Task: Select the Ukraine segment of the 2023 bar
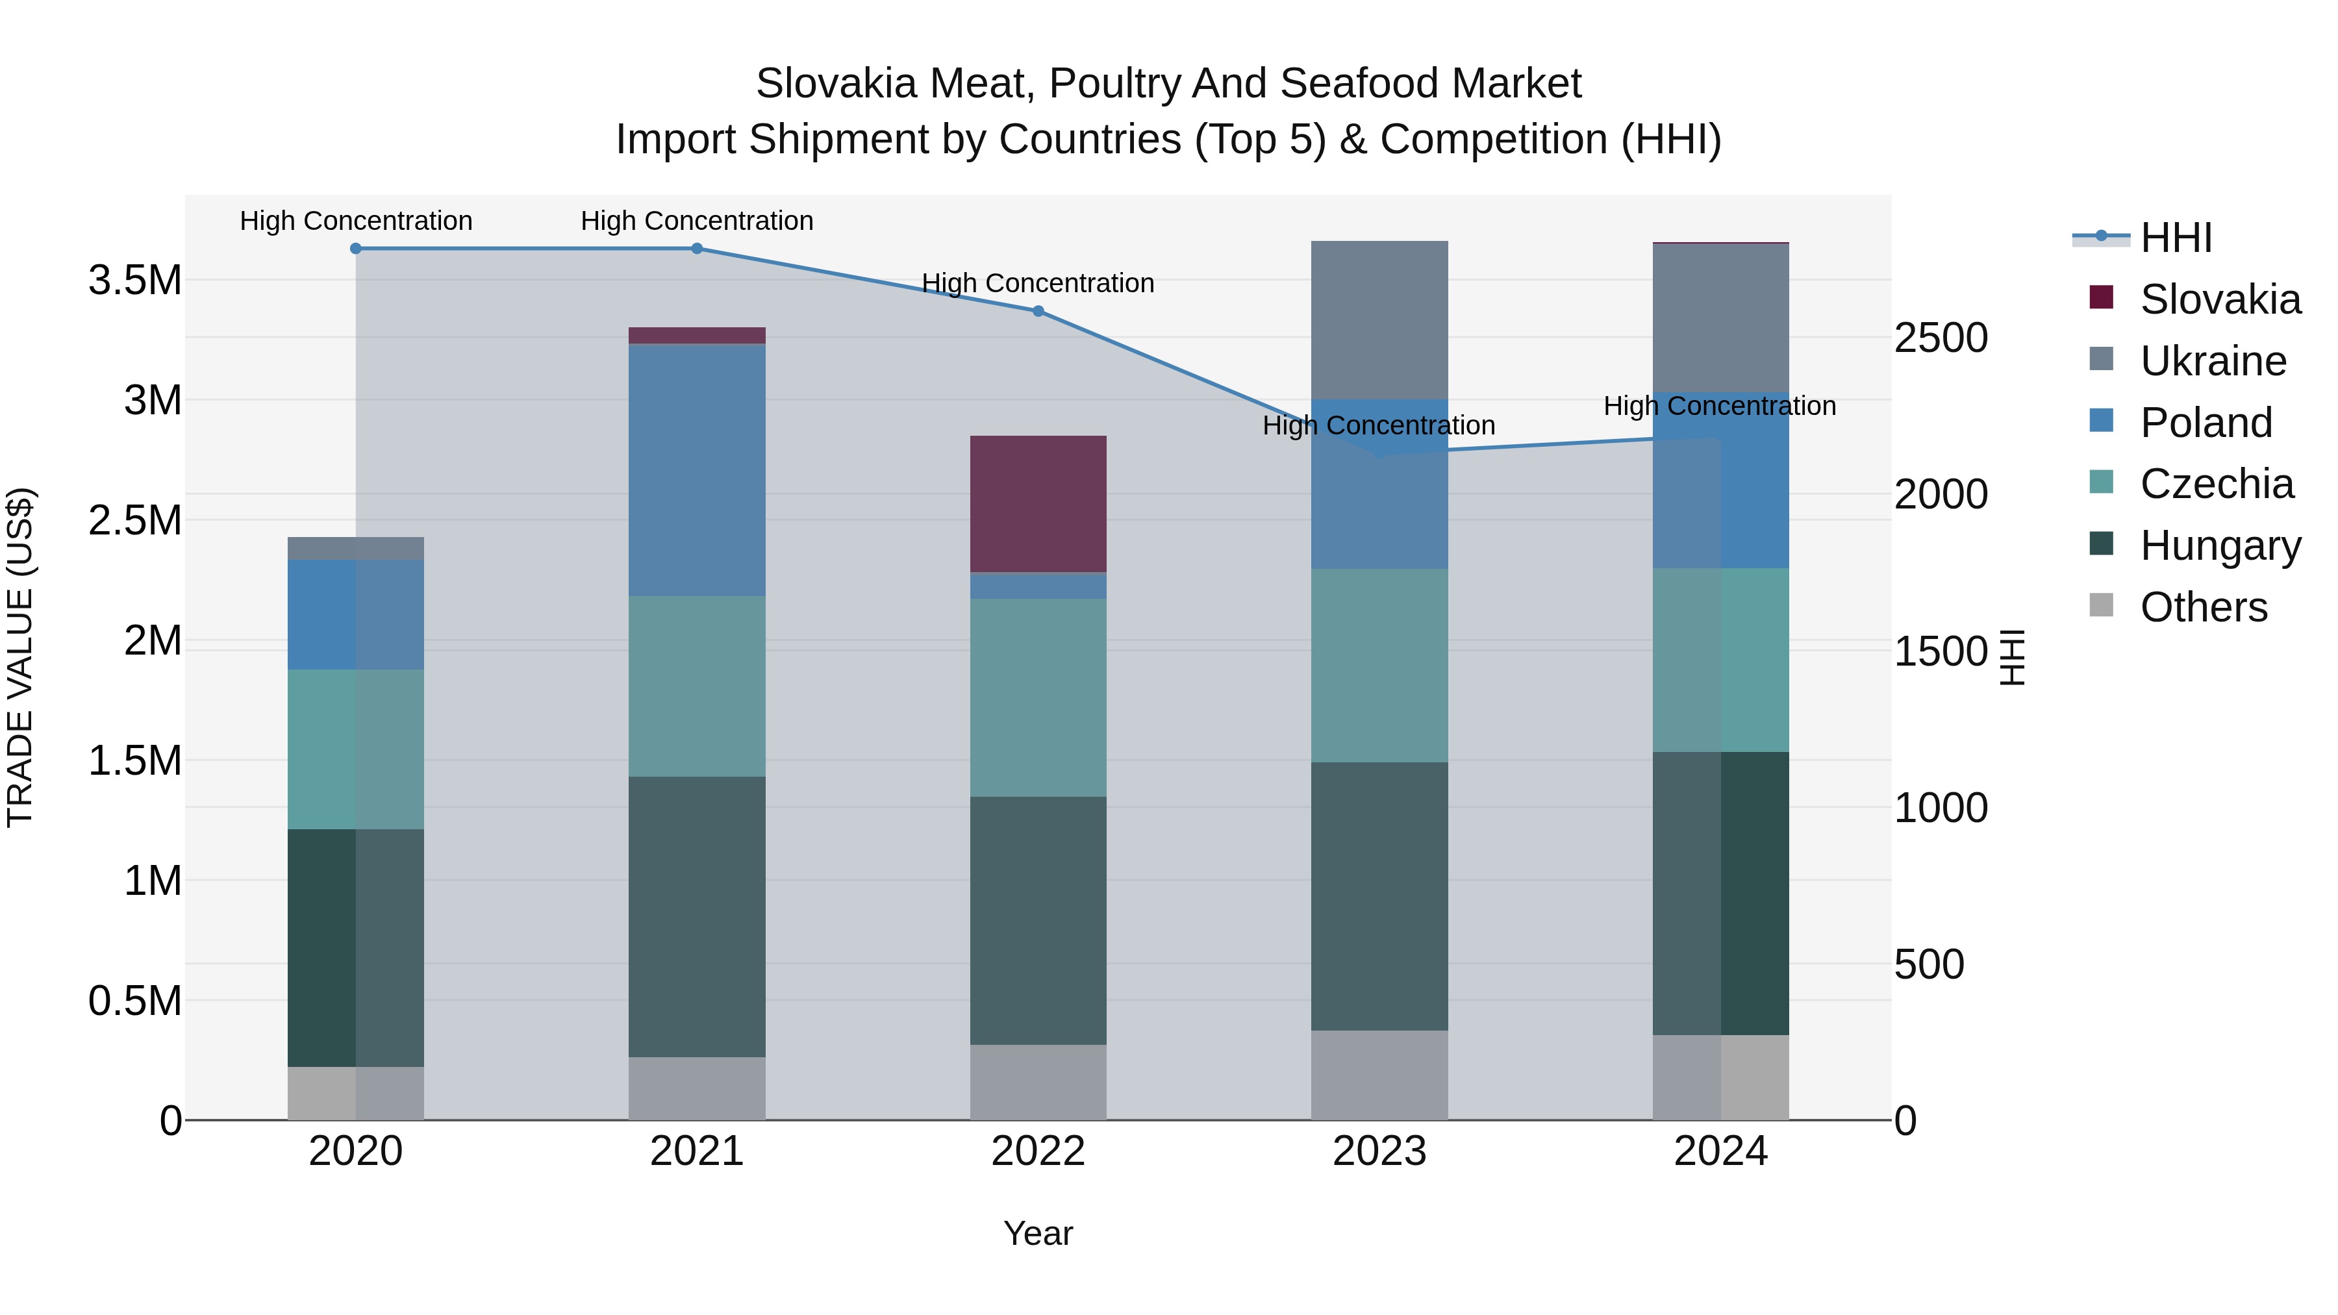click(1379, 319)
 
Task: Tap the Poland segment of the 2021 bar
click(696, 470)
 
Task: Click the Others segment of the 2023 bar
click(1379, 1075)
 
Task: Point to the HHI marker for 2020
click(356, 249)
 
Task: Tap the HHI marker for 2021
click(696, 249)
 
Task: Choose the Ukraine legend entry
click(2212, 361)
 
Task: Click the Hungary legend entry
click(2219, 545)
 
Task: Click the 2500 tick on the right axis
click(1941, 338)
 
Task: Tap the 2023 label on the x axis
click(1379, 1151)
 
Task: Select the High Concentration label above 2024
click(1719, 406)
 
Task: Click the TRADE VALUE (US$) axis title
click(20, 657)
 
